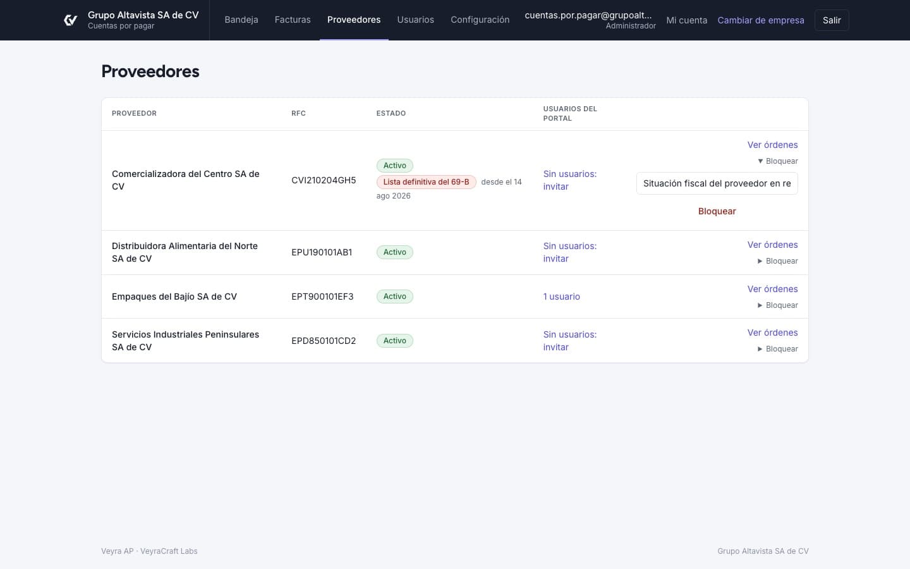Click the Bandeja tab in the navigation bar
[241, 20]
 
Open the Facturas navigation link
[293, 20]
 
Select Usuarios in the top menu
[416, 20]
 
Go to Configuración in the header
[480, 20]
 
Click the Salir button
[832, 20]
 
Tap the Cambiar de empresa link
[761, 20]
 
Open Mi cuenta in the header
[686, 20]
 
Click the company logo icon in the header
[71, 20]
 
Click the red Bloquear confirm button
[717, 211]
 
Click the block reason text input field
[717, 183]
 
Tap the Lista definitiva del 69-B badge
[426, 182]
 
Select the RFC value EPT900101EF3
[322, 297]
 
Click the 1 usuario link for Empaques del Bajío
[561, 297]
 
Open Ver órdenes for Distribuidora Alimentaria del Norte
[772, 245]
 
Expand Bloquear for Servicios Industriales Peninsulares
[777, 349]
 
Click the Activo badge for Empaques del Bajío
[394, 297]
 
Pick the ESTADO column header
[391, 113]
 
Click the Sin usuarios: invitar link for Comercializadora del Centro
[570, 180]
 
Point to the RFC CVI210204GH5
[324, 180]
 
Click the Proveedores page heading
[150, 71]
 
